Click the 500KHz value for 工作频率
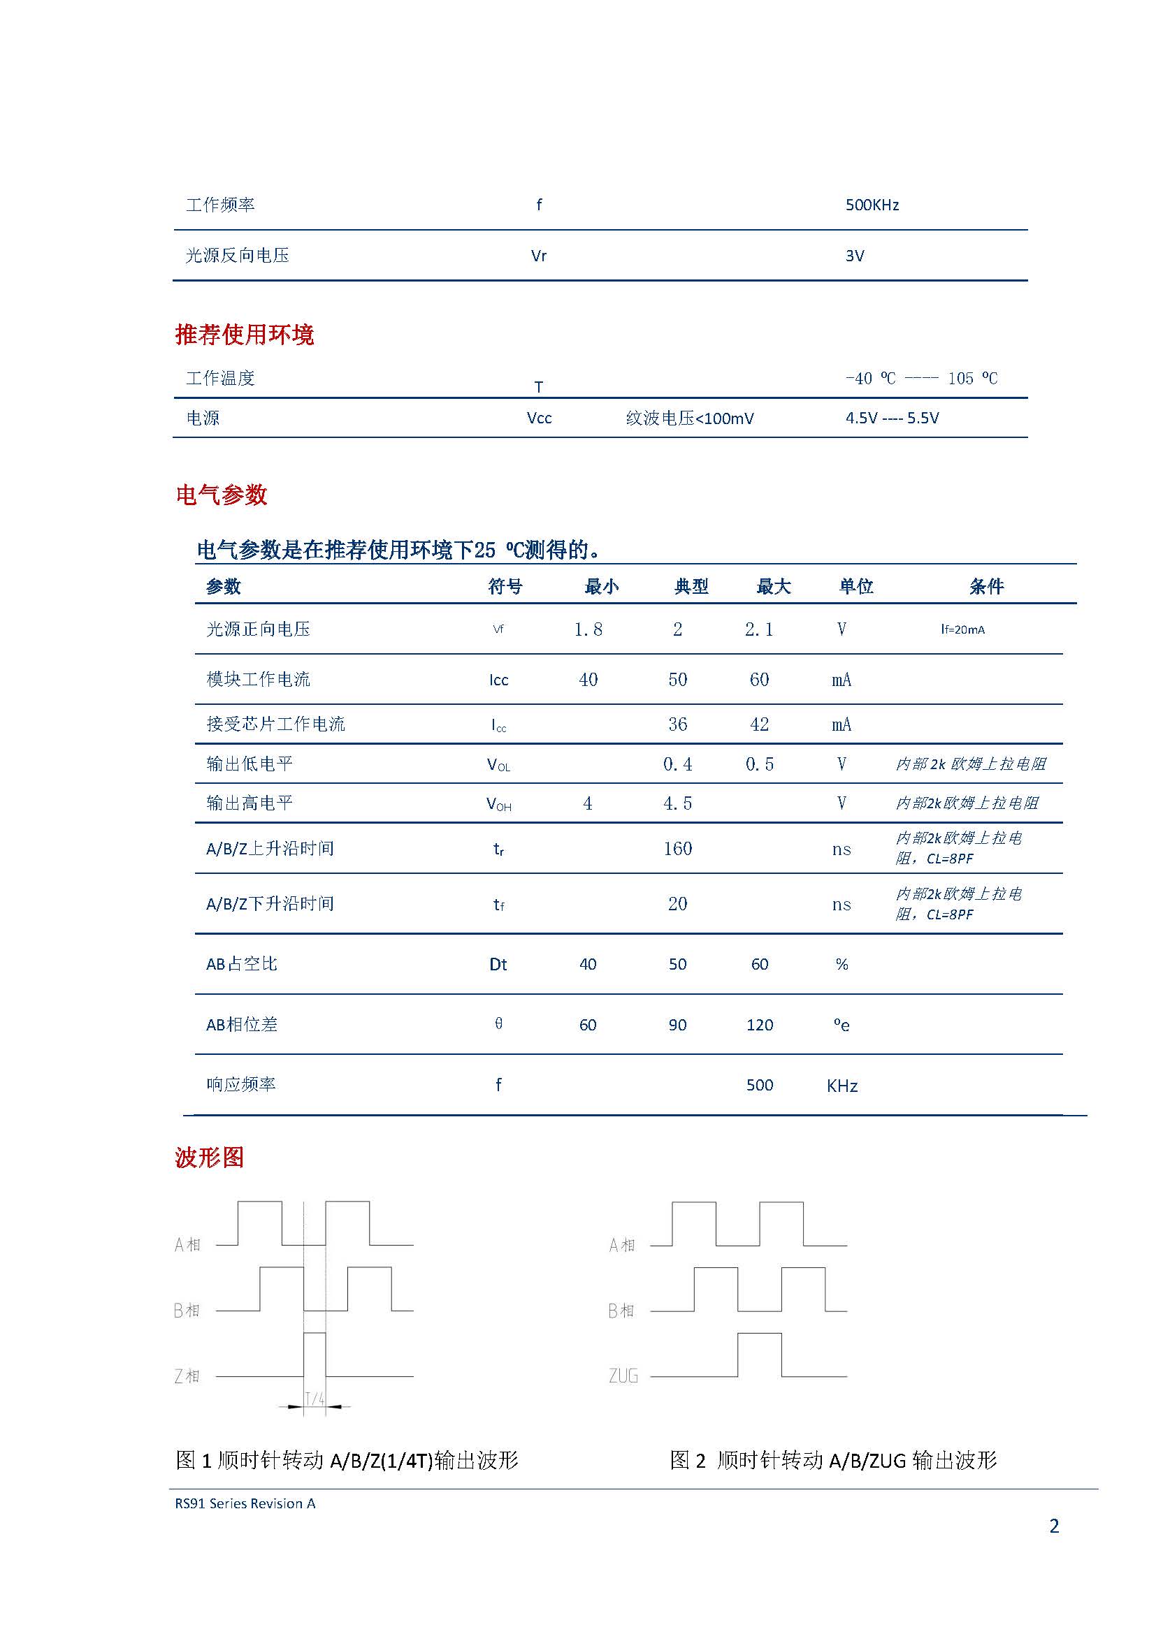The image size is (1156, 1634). (872, 205)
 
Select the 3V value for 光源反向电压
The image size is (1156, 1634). (854, 256)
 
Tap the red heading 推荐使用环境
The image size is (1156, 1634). (244, 335)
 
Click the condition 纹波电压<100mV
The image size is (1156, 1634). (689, 418)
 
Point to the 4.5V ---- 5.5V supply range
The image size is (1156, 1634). (892, 418)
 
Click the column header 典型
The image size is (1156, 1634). (691, 586)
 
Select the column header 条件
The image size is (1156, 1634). (986, 586)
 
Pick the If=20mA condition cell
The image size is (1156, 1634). (962, 630)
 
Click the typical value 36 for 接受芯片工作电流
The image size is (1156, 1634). (677, 724)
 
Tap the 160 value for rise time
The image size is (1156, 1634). (677, 848)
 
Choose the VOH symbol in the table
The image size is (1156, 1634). (498, 804)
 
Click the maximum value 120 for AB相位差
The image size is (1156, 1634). (760, 1025)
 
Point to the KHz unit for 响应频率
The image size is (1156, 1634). (842, 1086)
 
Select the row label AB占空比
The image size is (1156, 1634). (241, 964)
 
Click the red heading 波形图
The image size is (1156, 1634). (209, 1158)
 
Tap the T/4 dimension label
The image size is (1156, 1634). (315, 1399)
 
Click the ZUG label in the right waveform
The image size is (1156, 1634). (623, 1376)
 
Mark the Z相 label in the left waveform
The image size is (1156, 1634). (187, 1376)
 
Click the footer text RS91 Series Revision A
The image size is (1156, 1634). (245, 1504)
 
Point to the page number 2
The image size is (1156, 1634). (1054, 1526)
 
